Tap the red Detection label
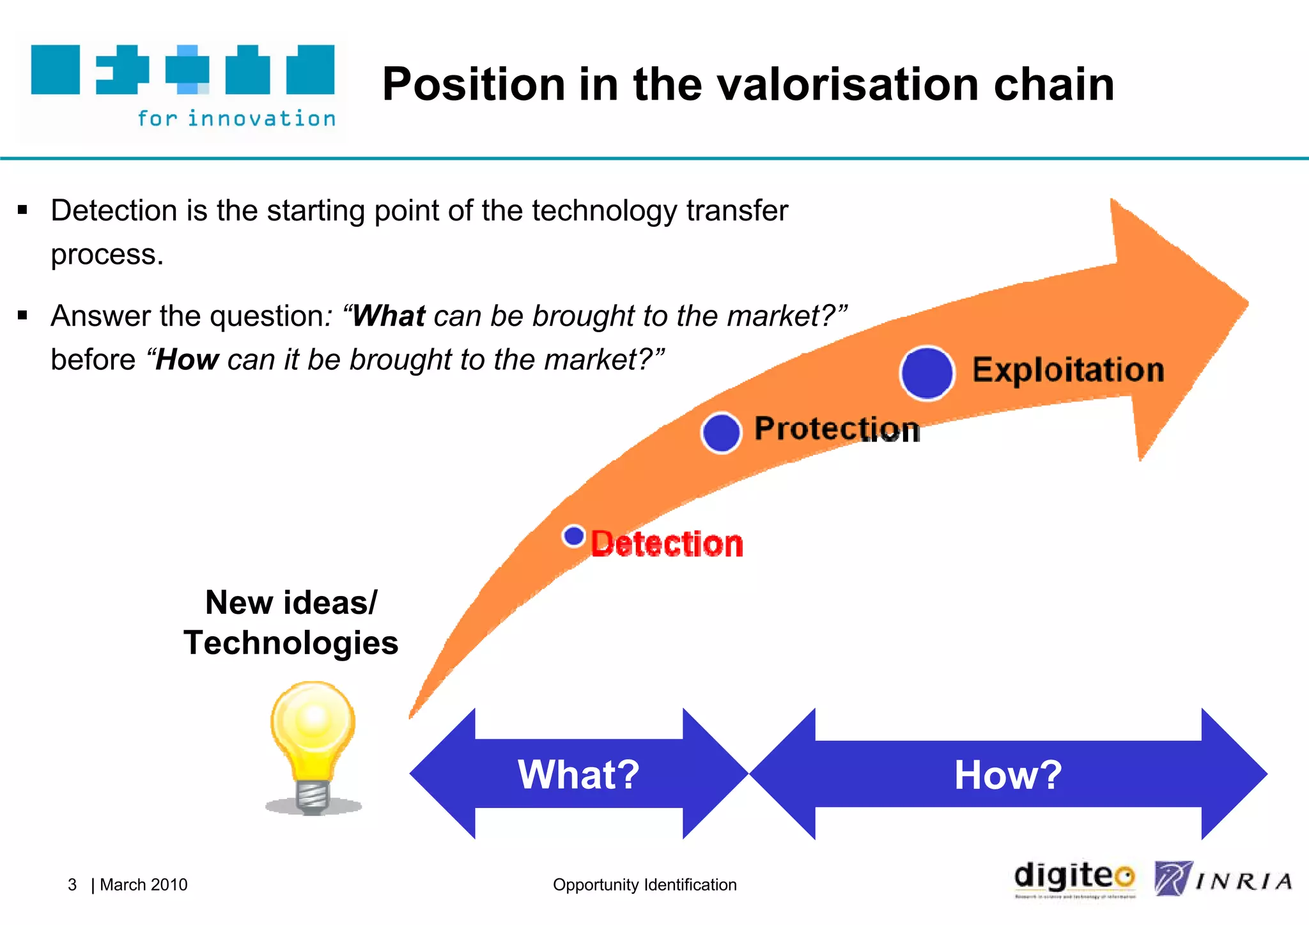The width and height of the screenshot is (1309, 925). click(x=667, y=544)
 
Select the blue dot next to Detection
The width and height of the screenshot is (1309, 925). click(x=574, y=536)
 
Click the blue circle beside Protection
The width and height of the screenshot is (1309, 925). click(x=721, y=432)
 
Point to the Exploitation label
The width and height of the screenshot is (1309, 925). click(x=1068, y=370)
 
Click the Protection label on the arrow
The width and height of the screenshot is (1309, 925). click(x=836, y=429)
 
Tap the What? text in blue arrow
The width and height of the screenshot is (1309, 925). click(x=578, y=774)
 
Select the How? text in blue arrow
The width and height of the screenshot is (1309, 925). click(x=1008, y=775)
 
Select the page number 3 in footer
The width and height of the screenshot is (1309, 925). click(x=72, y=885)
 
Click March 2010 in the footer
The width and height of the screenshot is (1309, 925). click(x=144, y=885)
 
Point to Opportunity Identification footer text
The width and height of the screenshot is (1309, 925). click(x=644, y=885)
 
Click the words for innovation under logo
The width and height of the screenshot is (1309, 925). click(x=236, y=119)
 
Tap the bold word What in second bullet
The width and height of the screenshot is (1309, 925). click(x=389, y=316)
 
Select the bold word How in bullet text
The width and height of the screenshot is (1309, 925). click(x=187, y=360)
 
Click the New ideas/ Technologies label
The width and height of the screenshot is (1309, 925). click(x=291, y=623)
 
